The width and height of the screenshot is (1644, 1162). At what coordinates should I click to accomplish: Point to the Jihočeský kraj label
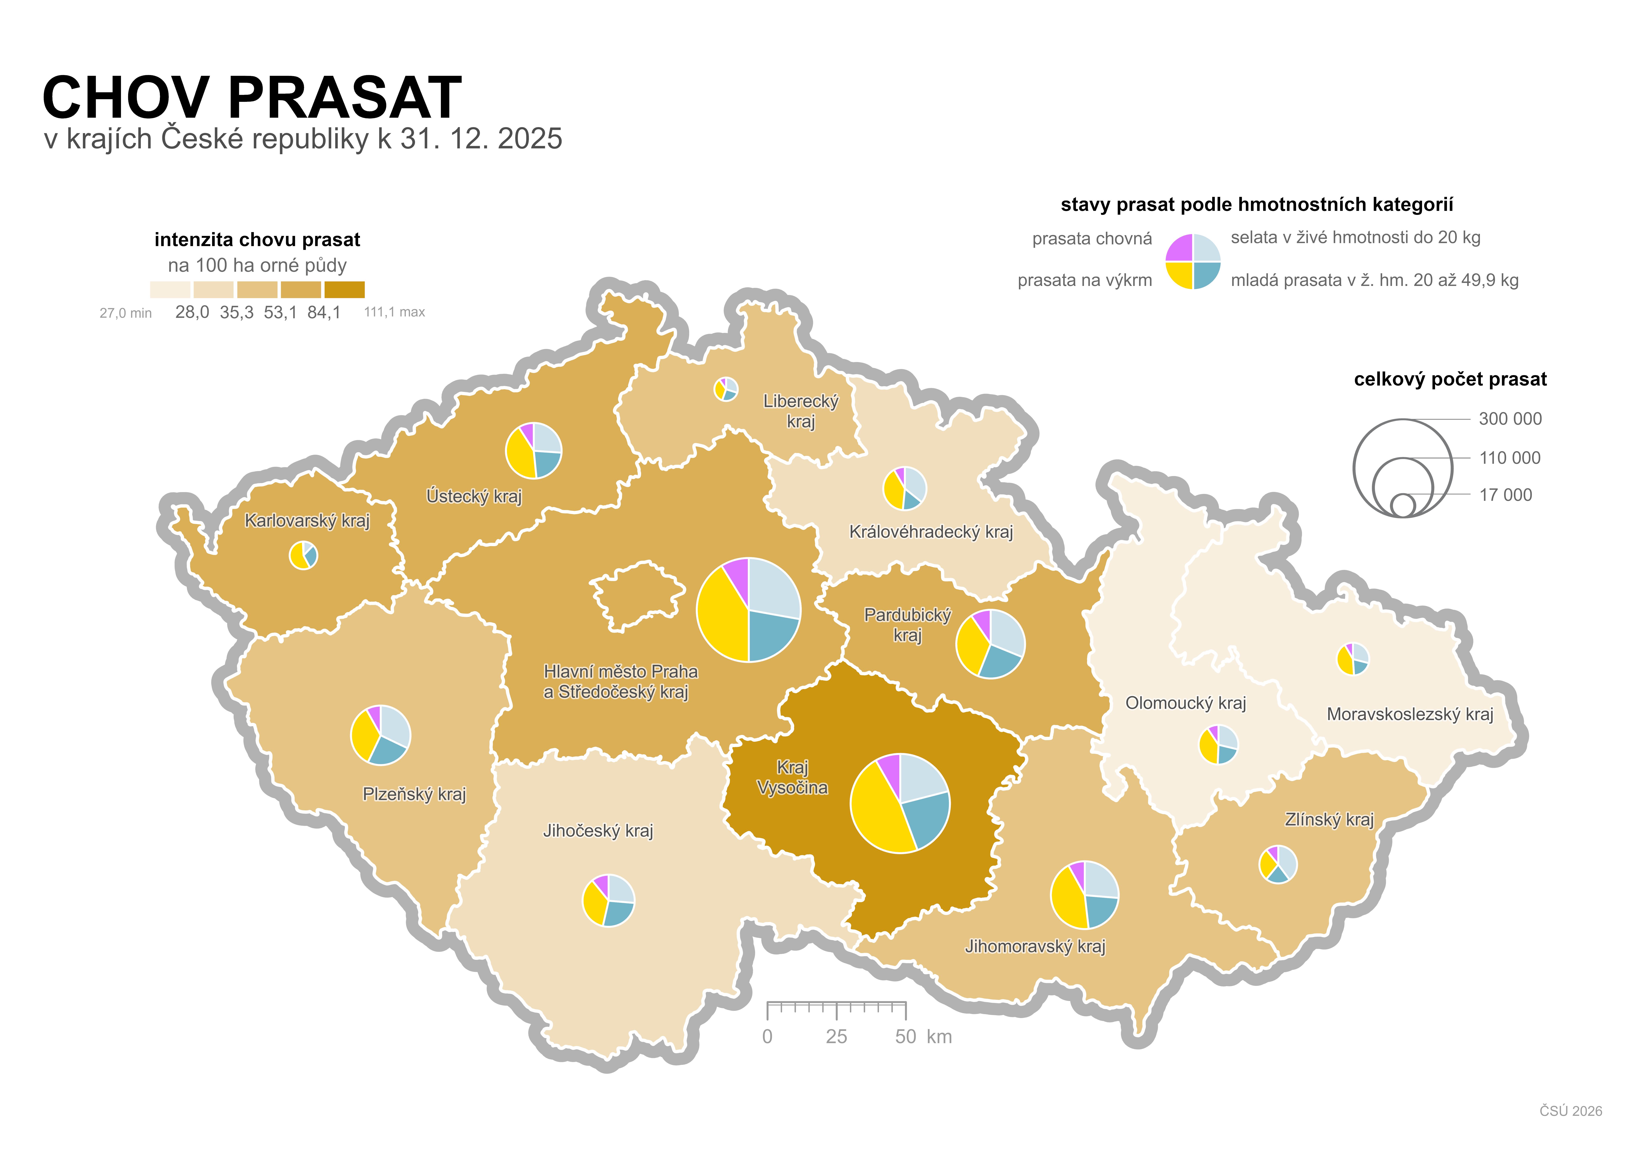point(598,830)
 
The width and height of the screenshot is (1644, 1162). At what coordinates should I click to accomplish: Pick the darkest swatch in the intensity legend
point(344,289)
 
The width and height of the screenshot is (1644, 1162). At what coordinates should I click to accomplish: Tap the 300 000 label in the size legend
point(1510,419)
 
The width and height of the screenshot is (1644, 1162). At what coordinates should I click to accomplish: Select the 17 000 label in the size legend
point(1505,495)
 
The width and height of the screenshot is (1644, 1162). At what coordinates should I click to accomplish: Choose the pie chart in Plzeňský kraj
point(380,735)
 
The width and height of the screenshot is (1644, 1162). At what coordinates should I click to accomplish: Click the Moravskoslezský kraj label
point(1409,714)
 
